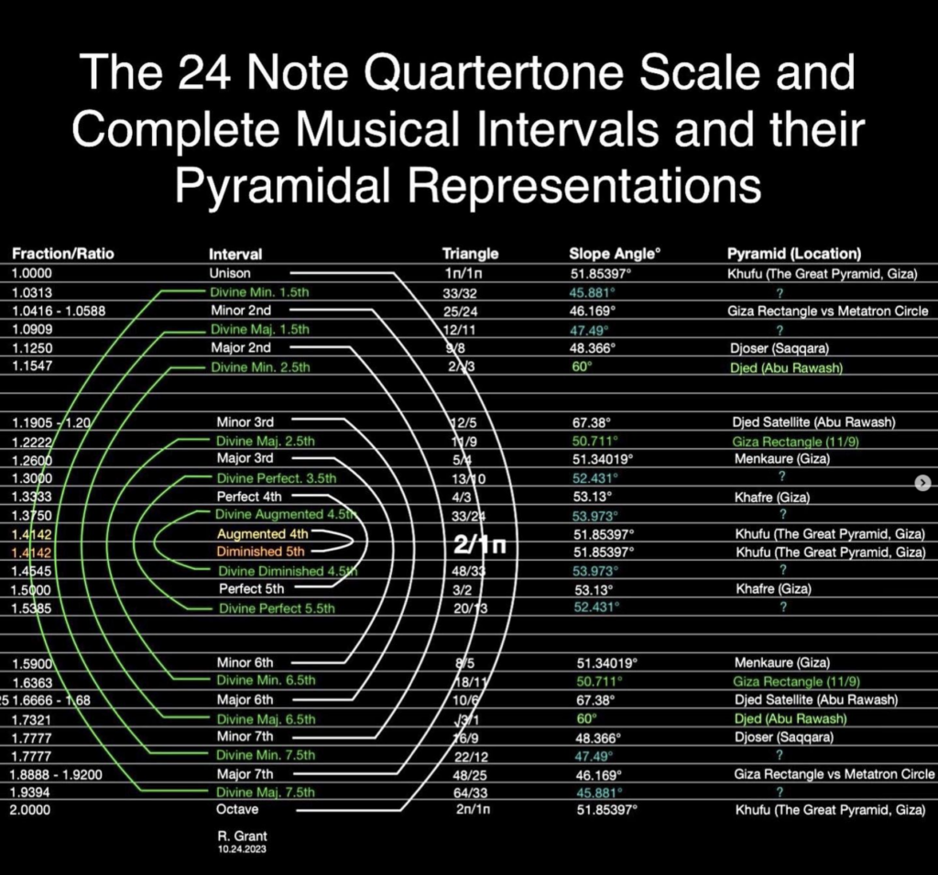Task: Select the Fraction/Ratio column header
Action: click(63, 254)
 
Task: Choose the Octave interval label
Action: click(237, 810)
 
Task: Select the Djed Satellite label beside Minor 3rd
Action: click(812, 422)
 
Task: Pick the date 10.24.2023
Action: click(236, 849)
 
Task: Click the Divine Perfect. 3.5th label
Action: click(277, 478)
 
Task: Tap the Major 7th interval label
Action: click(245, 773)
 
